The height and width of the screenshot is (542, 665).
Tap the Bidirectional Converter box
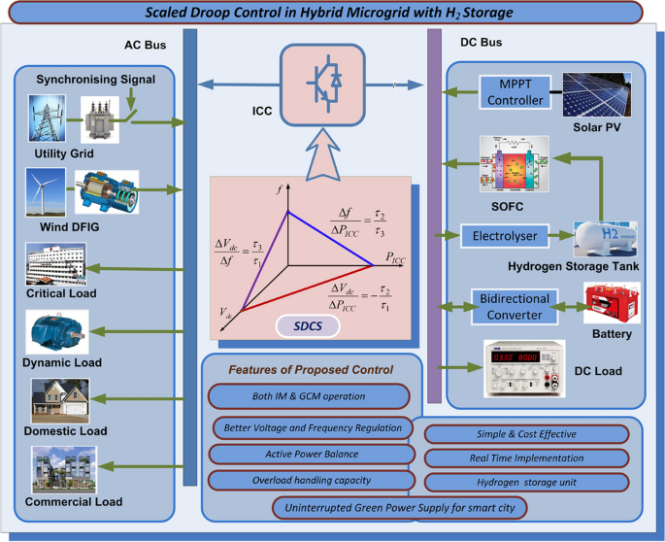click(514, 305)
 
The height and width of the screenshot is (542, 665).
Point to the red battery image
click(611, 303)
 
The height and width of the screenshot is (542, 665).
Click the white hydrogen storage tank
click(600, 237)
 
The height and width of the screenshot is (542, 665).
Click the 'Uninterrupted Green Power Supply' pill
click(400, 507)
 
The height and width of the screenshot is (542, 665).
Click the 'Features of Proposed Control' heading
click(311, 370)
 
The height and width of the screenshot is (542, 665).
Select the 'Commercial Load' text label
click(73, 502)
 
